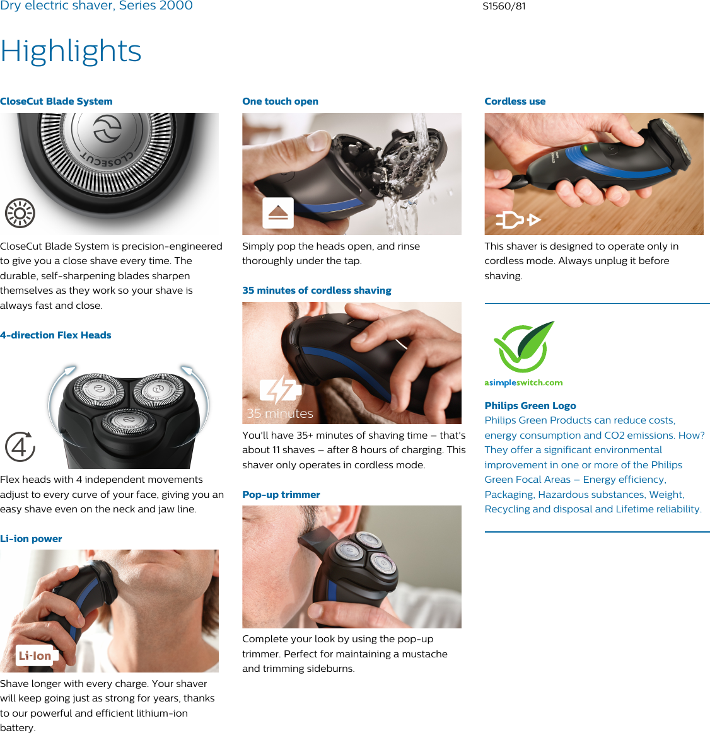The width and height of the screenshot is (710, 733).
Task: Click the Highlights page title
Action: click(71, 52)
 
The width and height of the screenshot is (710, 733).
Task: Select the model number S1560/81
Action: click(504, 6)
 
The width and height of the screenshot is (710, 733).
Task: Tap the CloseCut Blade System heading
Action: click(56, 101)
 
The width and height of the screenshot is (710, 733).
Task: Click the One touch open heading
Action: click(280, 101)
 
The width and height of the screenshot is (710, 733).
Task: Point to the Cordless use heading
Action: click(515, 101)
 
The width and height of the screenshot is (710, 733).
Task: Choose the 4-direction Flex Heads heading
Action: click(55, 335)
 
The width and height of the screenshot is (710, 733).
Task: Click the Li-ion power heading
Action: click(31, 539)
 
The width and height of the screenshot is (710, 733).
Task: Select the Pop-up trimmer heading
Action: click(281, 495)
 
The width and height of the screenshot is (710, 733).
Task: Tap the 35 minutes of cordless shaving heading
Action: click(317, 291)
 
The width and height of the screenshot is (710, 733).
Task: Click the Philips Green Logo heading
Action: click(530, 406)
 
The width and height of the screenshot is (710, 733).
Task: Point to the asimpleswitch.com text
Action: click(523, 383)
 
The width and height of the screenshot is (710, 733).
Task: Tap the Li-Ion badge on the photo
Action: click(35, 656)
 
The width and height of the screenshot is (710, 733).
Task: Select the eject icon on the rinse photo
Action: click(278, 213)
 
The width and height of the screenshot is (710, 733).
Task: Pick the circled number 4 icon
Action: click(20, 447)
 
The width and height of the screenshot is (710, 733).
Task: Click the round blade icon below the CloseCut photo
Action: click(20, 214)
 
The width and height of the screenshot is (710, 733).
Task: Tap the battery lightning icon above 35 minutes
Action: click(280, 390)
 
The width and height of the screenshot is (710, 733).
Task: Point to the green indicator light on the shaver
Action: click(585, 149)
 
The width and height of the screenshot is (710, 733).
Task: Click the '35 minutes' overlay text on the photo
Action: click(280, 414)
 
